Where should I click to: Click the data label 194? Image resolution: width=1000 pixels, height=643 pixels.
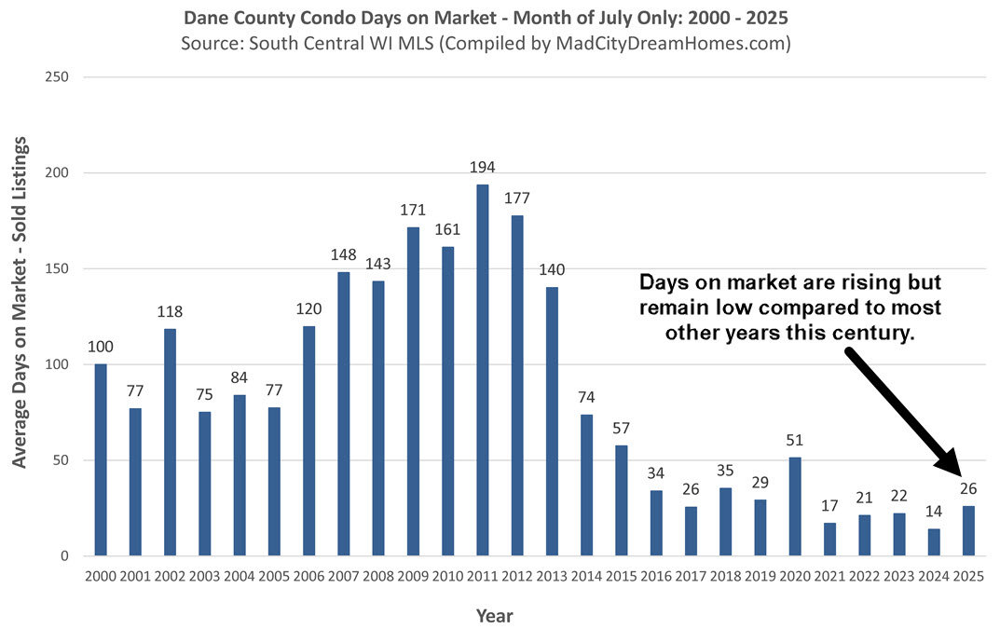tap(482, 168)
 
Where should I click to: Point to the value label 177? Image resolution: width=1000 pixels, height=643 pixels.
tap(517, 198)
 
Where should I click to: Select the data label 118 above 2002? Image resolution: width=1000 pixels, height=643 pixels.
tap(170, 312)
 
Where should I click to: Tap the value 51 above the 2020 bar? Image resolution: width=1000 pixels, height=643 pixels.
tap(795, 440)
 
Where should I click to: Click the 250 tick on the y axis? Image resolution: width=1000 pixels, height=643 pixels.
tap(58, 77)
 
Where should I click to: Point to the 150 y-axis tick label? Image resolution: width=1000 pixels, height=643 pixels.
tap(58, 269)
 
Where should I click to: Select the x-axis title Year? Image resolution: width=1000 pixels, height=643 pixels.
tap(495, 616)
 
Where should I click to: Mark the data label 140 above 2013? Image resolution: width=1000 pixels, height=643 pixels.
tap(552, 270)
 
